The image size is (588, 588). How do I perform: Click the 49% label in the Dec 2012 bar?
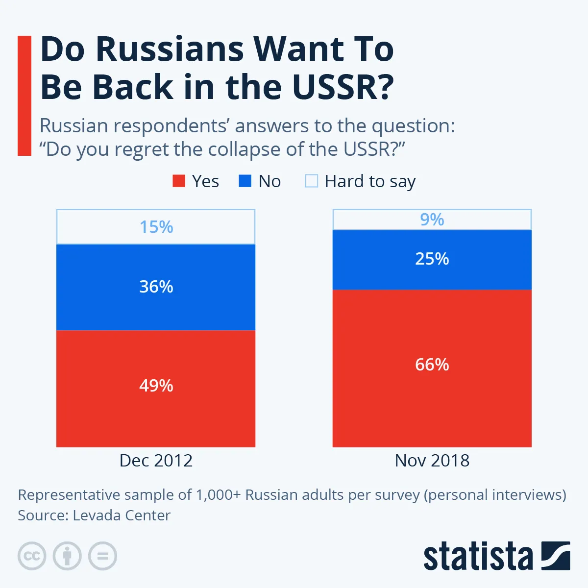[156, 386]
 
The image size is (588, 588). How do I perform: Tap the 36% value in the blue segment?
[156, 287]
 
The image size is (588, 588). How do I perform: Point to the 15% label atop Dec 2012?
[156, 227]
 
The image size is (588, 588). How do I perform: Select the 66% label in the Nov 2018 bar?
[432, 365]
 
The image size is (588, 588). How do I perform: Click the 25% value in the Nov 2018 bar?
[432, 259]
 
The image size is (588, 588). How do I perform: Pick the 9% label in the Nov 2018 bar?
[432, 220]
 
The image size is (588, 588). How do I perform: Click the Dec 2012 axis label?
[156, 461]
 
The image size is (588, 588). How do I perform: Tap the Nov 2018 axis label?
[432, 461]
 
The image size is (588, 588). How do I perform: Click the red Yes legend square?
[179, 181]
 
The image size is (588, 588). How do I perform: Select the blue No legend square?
[245, 181]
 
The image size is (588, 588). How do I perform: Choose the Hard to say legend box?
[311, 181]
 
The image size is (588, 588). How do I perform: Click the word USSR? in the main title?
[343, 87]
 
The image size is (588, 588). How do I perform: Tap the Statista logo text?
[478, 557]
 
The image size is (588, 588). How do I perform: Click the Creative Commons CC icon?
[32, 556]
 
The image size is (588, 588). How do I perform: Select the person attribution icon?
[67, 556]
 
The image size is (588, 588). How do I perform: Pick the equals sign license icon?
[102, 556]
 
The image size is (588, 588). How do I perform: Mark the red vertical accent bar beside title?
[24, 96]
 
